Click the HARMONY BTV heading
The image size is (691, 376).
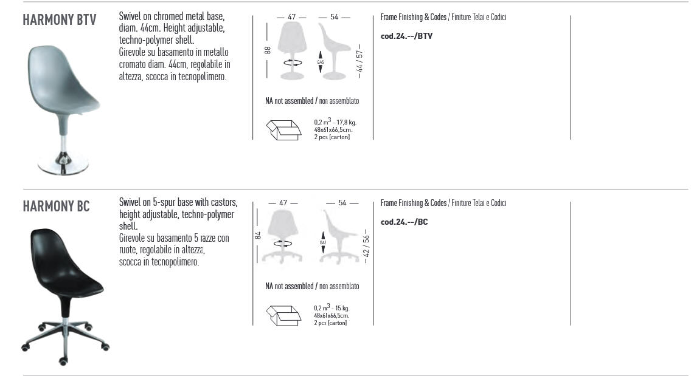60,20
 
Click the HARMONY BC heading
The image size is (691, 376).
56,206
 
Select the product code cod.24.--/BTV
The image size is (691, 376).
406,36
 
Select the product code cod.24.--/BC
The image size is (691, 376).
404,222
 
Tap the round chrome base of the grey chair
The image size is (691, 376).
63,164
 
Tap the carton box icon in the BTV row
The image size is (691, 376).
283,130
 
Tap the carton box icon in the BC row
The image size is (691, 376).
283,316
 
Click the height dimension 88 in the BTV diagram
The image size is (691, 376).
268,50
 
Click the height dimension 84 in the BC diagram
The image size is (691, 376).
258,236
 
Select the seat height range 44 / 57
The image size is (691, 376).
359,61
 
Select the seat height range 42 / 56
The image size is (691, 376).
366,246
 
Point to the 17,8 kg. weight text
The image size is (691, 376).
347,123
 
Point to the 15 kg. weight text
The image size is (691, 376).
342,308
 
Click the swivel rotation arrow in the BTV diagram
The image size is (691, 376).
293,63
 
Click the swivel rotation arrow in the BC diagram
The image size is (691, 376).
282,244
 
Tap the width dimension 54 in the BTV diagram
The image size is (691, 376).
334,17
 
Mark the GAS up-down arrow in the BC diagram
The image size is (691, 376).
323,242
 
